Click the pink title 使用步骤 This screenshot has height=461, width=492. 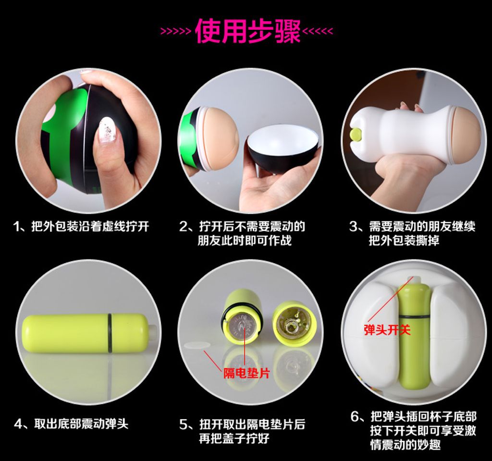(247, 31)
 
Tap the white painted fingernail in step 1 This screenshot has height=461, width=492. (106, 131)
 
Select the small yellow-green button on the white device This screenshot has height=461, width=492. (356, 134)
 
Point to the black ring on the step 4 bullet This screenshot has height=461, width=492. (110, 332)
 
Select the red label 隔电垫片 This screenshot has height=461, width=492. (246, 373)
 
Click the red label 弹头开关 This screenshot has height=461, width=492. (387, 329)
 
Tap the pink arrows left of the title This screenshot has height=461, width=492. (176, 31)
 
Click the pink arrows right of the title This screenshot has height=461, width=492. (317, 31)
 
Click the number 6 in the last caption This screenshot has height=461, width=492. (355, 417)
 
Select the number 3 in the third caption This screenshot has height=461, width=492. (353, 227)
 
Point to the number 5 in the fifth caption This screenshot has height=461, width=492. (183, 425)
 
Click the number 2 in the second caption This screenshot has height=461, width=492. (183, 227)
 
